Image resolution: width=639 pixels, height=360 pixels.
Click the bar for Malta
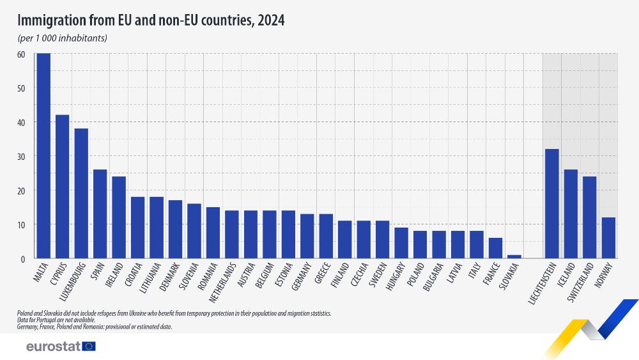click(43, 156)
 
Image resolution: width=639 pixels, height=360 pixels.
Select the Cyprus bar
click(63, 187)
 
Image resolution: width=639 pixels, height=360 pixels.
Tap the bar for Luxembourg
click(81, 194)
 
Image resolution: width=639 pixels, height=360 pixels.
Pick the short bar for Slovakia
click(514, 257)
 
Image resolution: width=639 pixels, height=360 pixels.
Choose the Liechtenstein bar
click(552, 204)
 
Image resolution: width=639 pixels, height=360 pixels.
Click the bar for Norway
click(608, 238)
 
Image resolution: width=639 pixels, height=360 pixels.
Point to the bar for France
click(495, 248)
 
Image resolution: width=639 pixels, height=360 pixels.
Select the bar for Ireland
click(119, 217)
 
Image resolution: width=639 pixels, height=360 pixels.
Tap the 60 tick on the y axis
click(21, 54)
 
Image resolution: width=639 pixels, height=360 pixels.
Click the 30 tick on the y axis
click(21, 157)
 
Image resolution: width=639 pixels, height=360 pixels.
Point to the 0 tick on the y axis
click(22, 259)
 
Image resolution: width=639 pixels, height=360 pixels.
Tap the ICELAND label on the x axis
click(568, 276)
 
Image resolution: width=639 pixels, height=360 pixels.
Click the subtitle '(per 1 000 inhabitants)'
click(62, 38)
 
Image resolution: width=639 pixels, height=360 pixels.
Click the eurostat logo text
click(53, 346)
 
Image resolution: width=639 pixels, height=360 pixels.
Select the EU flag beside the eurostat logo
click(89, 346)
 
